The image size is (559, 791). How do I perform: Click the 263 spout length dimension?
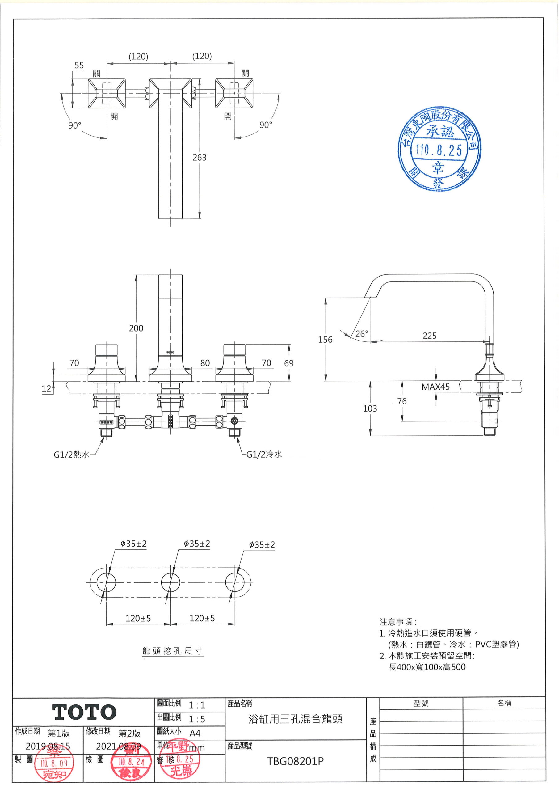click(199, 158)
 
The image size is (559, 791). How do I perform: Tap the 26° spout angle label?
click(362, 333)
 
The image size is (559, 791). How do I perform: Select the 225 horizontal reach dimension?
click(429, 336)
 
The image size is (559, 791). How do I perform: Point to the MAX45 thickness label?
click(435, 387)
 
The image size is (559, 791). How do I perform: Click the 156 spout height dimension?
click(325, 339)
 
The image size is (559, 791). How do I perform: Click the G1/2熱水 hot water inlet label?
click(71, 455)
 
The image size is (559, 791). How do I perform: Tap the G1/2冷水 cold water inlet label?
click(264, 455)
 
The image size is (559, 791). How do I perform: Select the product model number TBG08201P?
click(295, 761)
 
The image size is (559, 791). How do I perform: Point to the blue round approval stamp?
click(439, 149)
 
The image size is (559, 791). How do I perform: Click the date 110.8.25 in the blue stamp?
click(439, 150)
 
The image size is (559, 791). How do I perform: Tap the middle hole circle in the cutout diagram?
click(171, 582)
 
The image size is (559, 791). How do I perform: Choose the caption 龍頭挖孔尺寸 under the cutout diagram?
click(172, 651)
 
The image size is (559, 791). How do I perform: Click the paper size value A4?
click(195, 733)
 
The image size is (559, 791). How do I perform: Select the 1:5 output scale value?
click(197, 719)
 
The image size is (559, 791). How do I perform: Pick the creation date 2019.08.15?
click(48, 746)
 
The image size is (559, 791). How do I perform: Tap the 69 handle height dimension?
click(289, 363)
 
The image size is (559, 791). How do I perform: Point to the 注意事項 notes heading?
click(398, 622)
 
